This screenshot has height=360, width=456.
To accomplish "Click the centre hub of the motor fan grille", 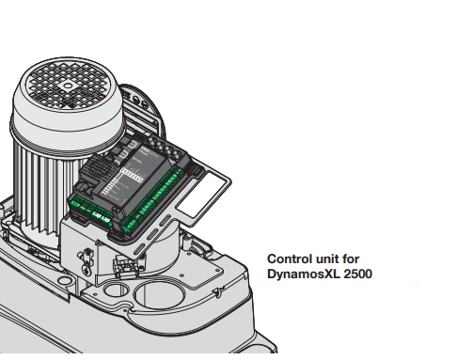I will pyautogui.click(x=68, y=83).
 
